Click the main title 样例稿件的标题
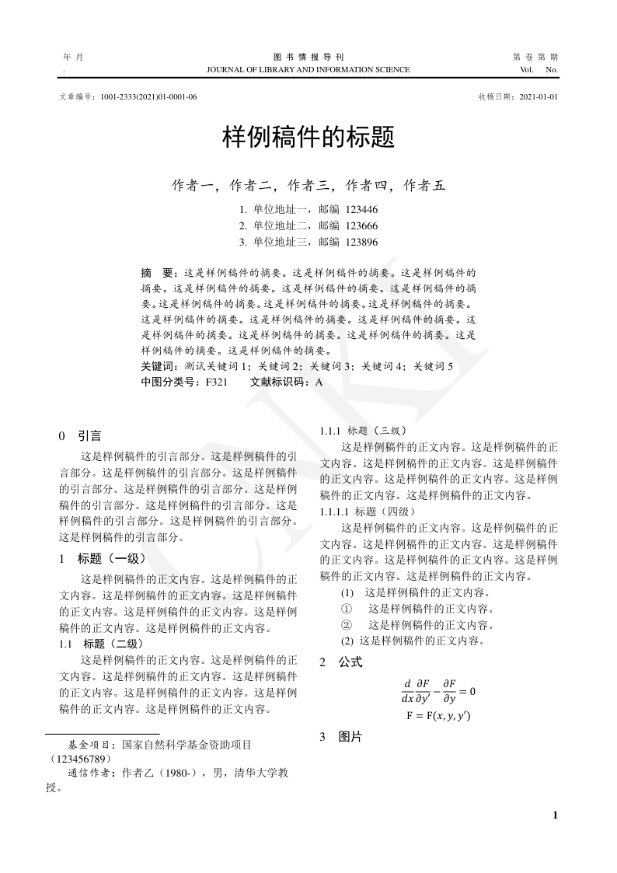308,138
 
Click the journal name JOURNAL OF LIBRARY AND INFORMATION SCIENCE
308,70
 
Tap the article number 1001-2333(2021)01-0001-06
148,96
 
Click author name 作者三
308,185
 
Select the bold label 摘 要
159,274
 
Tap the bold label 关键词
160,365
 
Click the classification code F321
216,382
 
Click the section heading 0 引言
80,436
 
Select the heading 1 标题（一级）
102,558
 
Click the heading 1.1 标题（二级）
101,644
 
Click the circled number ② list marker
347,624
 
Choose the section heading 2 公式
340,662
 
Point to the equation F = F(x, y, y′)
438,715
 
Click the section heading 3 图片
340,736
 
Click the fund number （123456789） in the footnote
79,757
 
